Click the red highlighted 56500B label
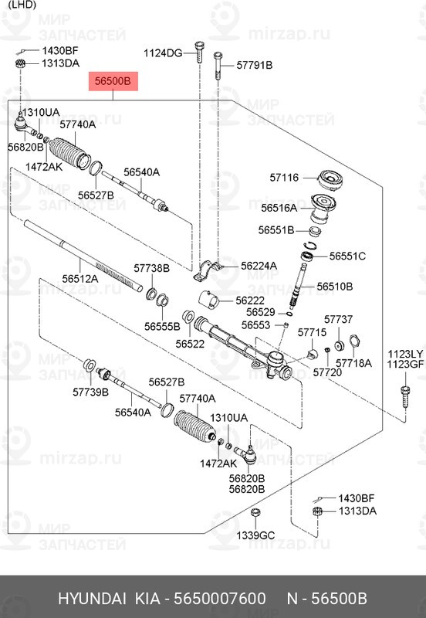tap(113, 81)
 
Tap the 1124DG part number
tap(163, 53)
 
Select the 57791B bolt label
tap(255, 65)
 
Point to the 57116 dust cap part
tap(330, 180)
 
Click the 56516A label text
tap(279, 208)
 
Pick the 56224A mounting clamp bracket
tap(207, 270)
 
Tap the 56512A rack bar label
tap(80, 279)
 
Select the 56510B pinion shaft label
tap(335, 286)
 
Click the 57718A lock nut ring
tap(354, 341)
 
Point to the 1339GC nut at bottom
tap(255, 513)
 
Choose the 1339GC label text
tap(255, 535)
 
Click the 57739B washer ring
tap(89, 365)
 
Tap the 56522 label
tap(190, 344)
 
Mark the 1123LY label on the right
tap(405, 354)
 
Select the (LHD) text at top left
tap(22, 5)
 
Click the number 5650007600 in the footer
tap(220, 599)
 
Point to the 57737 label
tap(338, 319)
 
